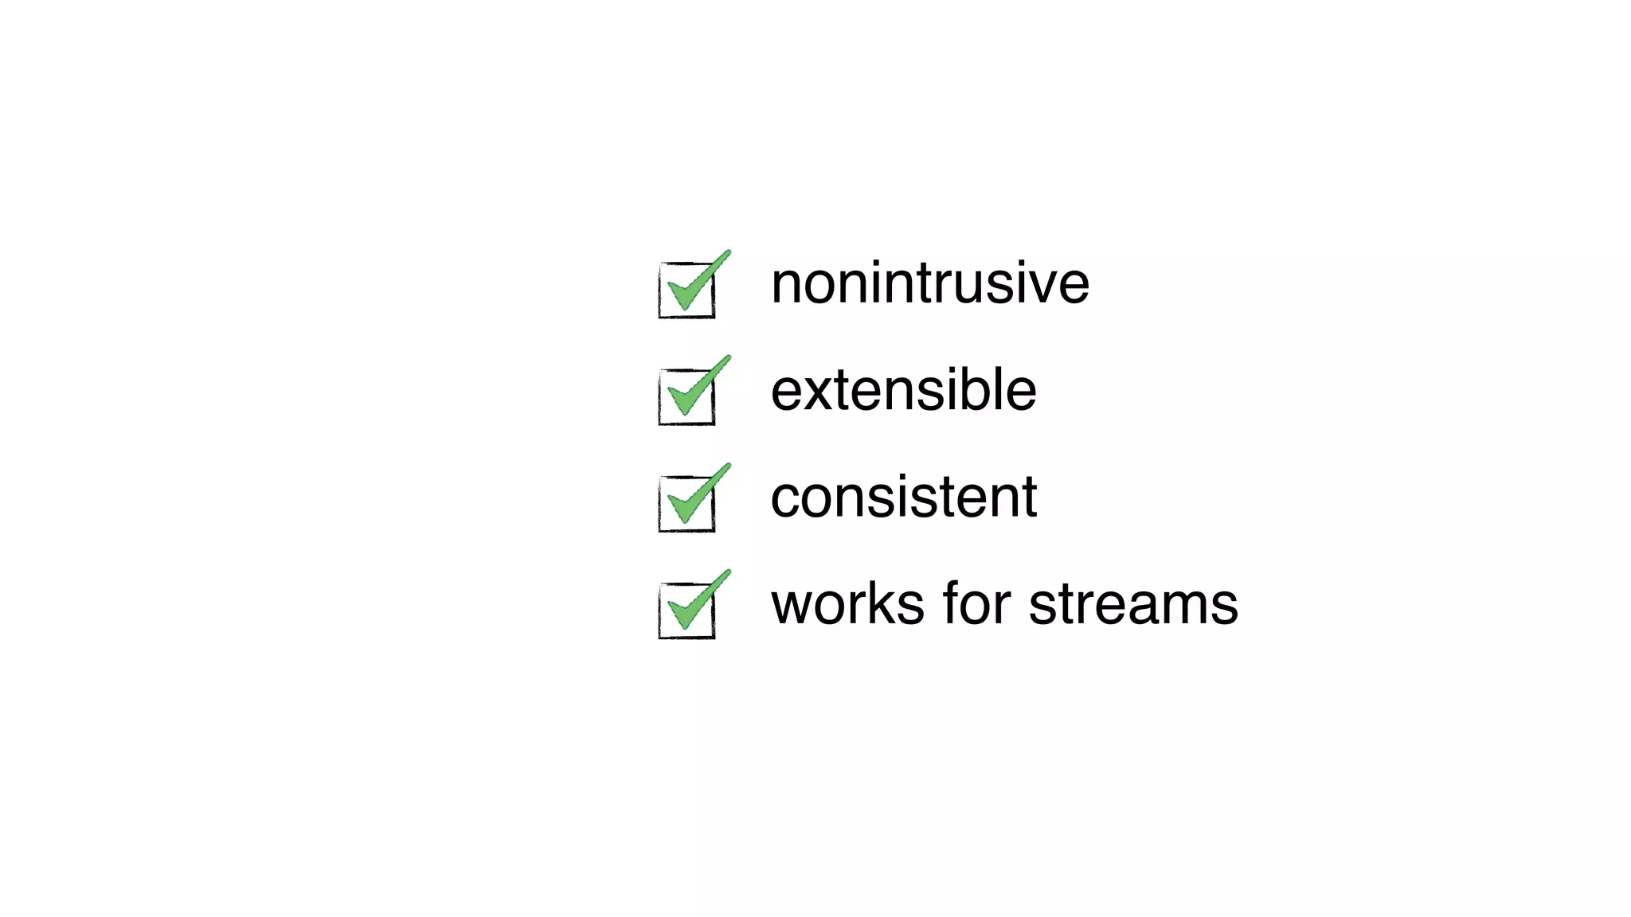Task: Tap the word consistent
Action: coord(903,497)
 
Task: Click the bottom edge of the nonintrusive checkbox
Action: coord(686,317)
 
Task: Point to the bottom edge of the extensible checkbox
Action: coord(686,423)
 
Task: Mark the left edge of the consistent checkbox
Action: coord(660,505)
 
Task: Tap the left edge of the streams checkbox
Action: coord(660,611)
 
